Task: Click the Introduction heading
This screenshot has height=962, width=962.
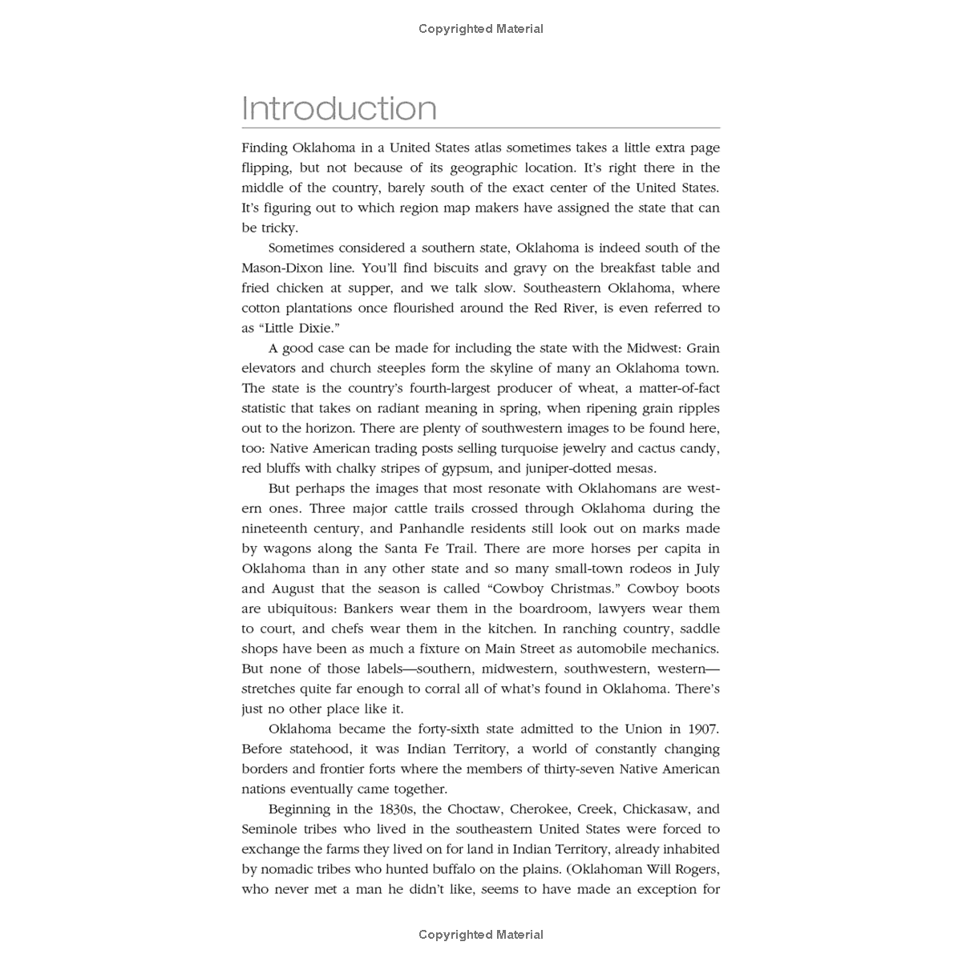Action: click(x=339, y=108)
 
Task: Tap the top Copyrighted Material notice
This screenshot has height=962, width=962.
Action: click(x=481, y=29)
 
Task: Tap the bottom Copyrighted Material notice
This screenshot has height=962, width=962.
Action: click(x=481, y=934)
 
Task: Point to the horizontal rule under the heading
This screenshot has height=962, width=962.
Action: click(x=481, y=127)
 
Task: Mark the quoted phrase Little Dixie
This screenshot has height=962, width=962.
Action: click(x=294, y=328)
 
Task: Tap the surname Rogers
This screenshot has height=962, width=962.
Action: click(x=693, y=869)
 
